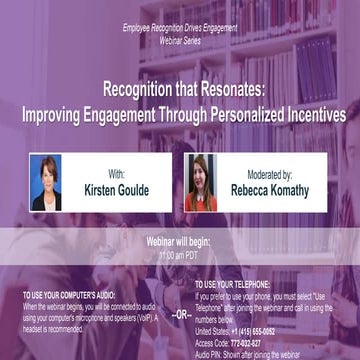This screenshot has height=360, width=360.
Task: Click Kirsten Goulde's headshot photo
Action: (46, 182)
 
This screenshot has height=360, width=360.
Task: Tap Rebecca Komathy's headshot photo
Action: (200, 182)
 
